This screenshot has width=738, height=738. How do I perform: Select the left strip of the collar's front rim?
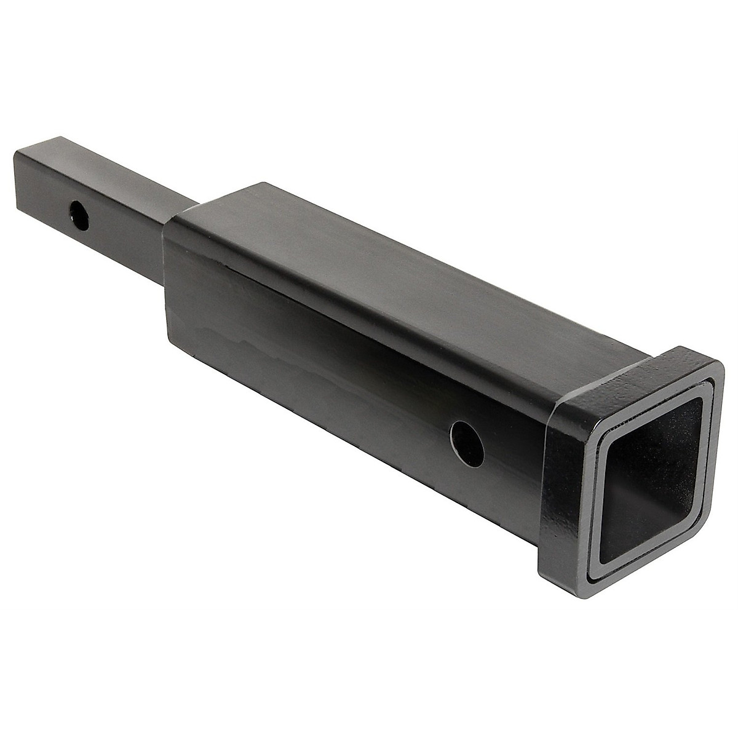tap(587, 492)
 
